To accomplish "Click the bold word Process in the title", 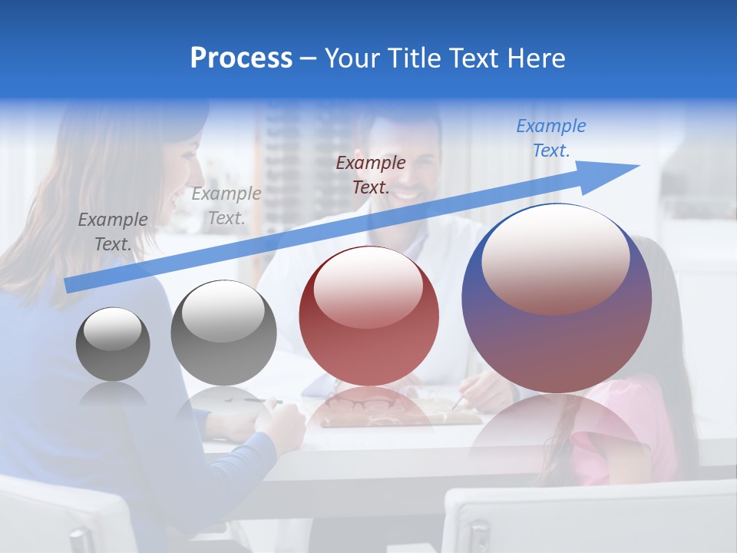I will click(x=241, y=58).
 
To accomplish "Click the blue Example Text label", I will click(x=550, y=138).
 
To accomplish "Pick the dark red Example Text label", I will click(x=370, y=174).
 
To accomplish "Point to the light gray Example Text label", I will click(x=226, y=206).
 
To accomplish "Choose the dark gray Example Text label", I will click(x=112, y=232).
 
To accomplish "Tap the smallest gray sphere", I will click(x=113, y=344).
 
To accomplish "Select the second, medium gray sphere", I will click(x=223, y=333).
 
